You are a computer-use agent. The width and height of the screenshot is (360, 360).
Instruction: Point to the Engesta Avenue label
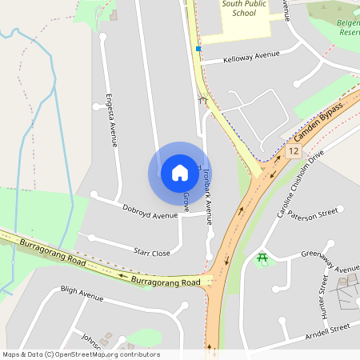112,121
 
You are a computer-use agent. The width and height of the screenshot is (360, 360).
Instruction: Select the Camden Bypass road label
318,121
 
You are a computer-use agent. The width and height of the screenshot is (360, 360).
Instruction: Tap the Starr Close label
152,252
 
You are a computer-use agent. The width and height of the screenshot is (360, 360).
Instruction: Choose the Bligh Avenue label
82,294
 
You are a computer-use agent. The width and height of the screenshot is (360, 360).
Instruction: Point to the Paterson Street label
314,215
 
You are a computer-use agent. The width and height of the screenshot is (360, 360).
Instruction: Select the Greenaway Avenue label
330,262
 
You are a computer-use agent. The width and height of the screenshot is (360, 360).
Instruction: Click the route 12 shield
294,150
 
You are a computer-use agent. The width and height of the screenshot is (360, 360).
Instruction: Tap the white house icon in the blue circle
180,173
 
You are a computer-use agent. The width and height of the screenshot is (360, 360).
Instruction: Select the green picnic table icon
262,258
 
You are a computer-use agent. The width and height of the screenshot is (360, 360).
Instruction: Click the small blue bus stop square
198,49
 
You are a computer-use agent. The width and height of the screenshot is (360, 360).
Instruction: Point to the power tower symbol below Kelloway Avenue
203,100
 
